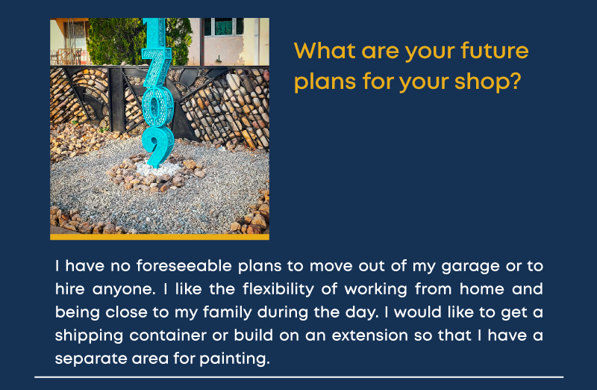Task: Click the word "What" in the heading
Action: pyautogui.click(x=325, y=50)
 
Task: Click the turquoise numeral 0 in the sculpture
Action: pyautogui.click(x=157, y=107)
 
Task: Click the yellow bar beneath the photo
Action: pyautogui.click(x=160, y=237)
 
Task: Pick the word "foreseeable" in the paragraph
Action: pyautogui.click(x=184, y=266)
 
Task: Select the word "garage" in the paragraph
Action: pyautogui.click(x=470, y=267)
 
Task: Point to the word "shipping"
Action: pyautogui.click(x=89, y=336)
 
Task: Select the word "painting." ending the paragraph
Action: pyautogui.click(x=234, y=359)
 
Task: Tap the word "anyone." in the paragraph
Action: pyautogui.click(x=124, y=290)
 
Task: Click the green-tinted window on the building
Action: pyautogui.click(x=223, y=27)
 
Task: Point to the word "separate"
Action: pyautogui.click(x=90, y=359)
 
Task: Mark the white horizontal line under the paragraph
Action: pyautogui.click(x=299, y=377)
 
